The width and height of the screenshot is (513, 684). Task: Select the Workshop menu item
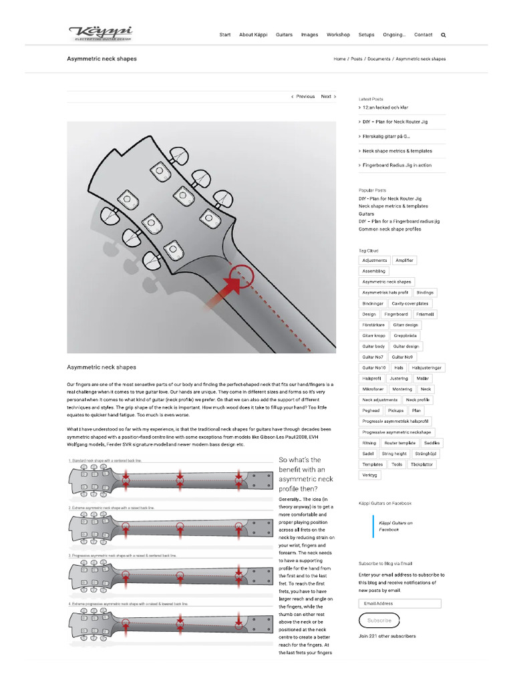click(x=338, y=35)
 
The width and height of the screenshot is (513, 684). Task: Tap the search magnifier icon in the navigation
click(x=444, y=35)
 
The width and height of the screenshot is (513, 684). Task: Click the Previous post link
click(x=303, y=96)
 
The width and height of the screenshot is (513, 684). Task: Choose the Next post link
click(x=328, y=96)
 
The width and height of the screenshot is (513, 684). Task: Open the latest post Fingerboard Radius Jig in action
click(x=396, y=165)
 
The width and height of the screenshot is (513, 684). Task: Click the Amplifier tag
click(x=404, y=261)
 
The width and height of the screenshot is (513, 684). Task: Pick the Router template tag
click(x=400, y=443)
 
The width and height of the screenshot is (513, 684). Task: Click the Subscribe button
click(x=379, y=621)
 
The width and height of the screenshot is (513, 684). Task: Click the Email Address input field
click(x=399, y=603)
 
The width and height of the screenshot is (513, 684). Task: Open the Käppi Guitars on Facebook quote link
click(x=395, y=526)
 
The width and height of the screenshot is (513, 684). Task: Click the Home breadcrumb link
click(x=339, y=59)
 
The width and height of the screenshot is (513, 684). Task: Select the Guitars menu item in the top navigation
click(x=284, y=35)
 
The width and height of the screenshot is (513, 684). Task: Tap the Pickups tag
click(x=395, y=410)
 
